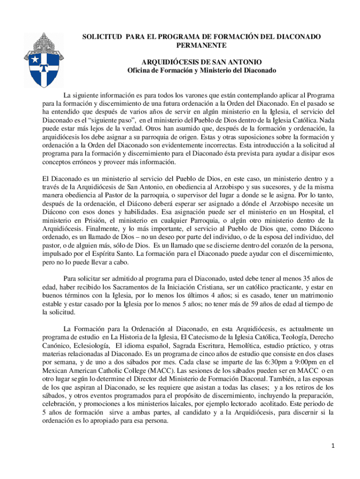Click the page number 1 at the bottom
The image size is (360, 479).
point(333,446)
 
